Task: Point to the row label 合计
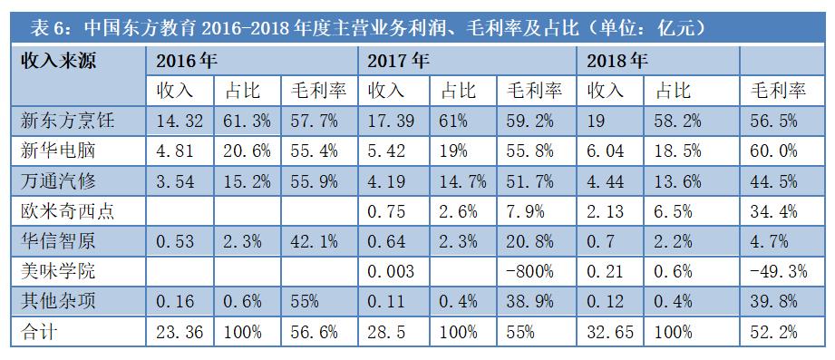tap(41, 332)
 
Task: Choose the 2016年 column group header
tap(187, 61)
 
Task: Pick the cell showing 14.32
tap(178, 120)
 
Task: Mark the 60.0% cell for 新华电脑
tap(774, 151)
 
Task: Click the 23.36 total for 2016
tap(178, 332)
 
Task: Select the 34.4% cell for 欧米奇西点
tap(774, 210)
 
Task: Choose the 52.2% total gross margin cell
tap(774, 332)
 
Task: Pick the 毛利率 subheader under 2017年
tap(534, 91)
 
